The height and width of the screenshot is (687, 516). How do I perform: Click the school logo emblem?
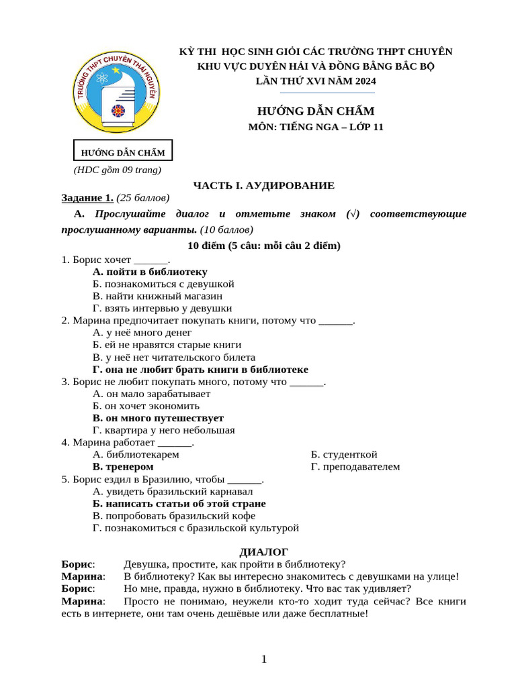(116, 93)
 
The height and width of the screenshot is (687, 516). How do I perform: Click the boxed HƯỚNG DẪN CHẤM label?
(123, 151)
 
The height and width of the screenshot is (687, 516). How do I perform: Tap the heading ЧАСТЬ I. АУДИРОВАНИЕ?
(263, 185)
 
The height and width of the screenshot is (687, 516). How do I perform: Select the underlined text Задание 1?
(87, 198)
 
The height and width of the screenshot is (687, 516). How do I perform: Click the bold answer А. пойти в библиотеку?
(150, 272)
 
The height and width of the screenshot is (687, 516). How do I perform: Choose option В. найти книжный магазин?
(157, 296)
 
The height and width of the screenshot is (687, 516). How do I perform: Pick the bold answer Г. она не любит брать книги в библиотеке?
(200, 370)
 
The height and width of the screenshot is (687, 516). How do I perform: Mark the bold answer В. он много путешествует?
(158, 418)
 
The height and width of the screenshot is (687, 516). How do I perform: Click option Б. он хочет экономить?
(146, 406)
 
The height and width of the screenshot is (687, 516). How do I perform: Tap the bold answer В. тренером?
(123, 466)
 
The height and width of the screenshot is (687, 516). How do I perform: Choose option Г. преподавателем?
(355, 466)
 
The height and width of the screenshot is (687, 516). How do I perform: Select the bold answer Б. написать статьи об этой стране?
(179, 503)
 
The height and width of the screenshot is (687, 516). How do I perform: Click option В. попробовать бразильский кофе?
(173, 515)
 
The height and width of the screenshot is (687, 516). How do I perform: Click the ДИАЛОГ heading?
(263, 552)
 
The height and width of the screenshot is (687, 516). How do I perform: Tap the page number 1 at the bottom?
(264, 659)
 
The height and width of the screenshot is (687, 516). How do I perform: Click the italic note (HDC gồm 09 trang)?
(118, 170)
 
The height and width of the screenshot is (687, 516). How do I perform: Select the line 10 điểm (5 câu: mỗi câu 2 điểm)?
(263, 246)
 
